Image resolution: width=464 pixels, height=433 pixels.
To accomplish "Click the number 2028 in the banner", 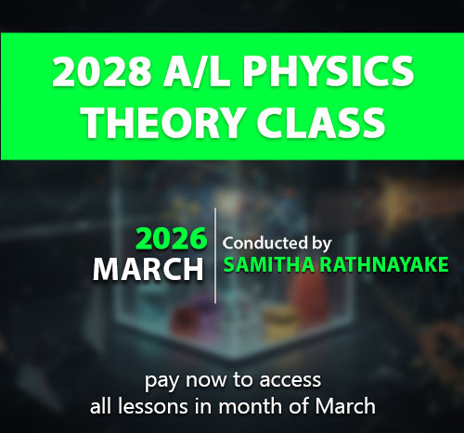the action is click(x=101, y=71).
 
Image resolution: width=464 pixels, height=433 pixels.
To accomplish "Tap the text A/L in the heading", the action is click(x=197, y=71).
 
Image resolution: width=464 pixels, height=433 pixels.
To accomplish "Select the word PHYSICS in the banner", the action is click(x=328, y=71).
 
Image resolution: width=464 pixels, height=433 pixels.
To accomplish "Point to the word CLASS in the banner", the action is click(x=321, y=122).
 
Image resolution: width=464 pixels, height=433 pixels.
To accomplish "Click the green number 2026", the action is click(x=172, y=238).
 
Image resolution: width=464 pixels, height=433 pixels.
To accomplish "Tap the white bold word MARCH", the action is click(x=148, y=269).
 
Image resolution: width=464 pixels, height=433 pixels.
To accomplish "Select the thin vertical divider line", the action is click(x=215, y=255).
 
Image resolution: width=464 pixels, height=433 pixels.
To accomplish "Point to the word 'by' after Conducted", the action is click(x=321, y=244).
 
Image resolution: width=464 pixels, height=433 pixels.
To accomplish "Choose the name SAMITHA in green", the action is click(x=268, y=264).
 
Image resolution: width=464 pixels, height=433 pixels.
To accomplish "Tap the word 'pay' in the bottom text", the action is click(x=161, y=382).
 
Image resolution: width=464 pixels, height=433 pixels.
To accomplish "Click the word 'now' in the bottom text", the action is click(x=206, y=380).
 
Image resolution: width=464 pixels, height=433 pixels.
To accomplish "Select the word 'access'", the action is click(x=290, y=380).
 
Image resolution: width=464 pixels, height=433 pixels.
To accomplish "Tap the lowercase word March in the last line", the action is click(x=345, y=406).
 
